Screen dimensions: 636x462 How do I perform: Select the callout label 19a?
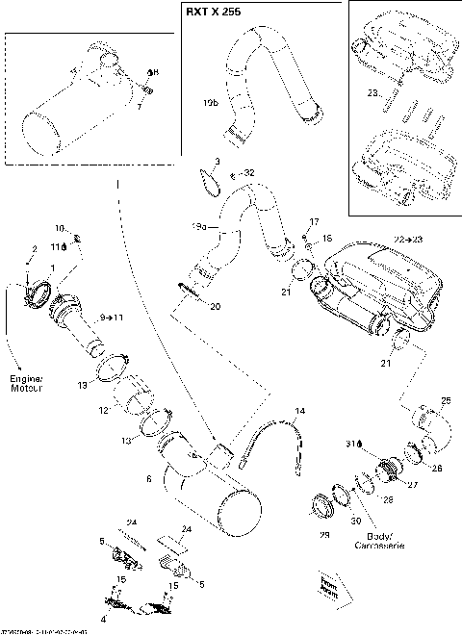pos(200,228)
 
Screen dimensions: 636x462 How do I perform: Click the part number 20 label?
pos(215,306)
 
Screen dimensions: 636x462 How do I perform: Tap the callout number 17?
pos(313,222)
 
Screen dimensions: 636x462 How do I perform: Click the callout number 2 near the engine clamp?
pos(34,249)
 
